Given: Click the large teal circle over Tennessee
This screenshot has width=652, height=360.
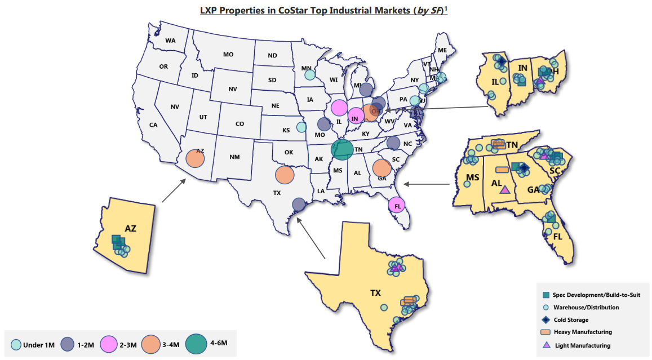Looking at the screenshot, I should [342, 149].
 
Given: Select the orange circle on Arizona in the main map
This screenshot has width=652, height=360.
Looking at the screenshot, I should [194, 158].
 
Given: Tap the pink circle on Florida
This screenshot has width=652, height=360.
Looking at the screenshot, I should [397, 206].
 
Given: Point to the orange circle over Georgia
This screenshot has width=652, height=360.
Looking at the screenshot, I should [382, 168].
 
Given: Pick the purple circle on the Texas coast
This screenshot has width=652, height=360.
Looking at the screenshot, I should [299, 205].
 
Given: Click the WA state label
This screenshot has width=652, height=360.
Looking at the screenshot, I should [170, 41].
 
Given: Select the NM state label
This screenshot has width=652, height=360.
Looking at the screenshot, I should [234, 157].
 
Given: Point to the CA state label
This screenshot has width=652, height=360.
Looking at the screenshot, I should [153, 125].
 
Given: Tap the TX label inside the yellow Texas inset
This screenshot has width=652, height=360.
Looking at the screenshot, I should [375, 293].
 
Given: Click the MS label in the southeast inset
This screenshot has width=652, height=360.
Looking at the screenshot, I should [472, 179].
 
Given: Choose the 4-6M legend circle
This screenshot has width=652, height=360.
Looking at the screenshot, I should [197, 343].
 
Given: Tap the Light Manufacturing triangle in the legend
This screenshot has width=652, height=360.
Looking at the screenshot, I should [545, 345].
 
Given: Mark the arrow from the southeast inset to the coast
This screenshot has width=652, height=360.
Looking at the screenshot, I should [427, 184].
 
